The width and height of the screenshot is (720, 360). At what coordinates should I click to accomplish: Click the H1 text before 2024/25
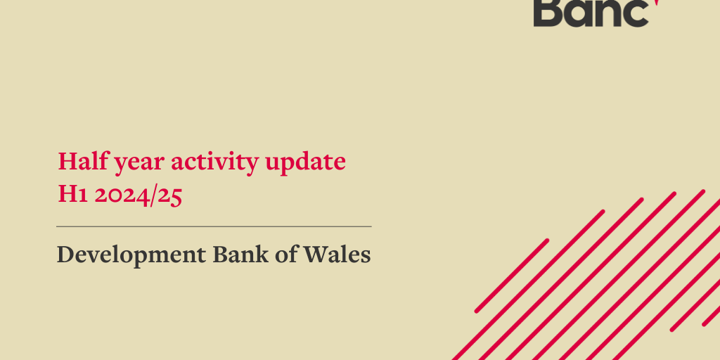[x=72, y=195]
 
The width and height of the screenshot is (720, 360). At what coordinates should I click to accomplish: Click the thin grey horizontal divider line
[x=214, y=226]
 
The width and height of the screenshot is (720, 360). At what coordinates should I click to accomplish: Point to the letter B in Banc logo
[x=548, y=12]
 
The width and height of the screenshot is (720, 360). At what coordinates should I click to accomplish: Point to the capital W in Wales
[x=313, y=254]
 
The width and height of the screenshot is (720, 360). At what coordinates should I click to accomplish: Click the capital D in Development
[x=65, y=254]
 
